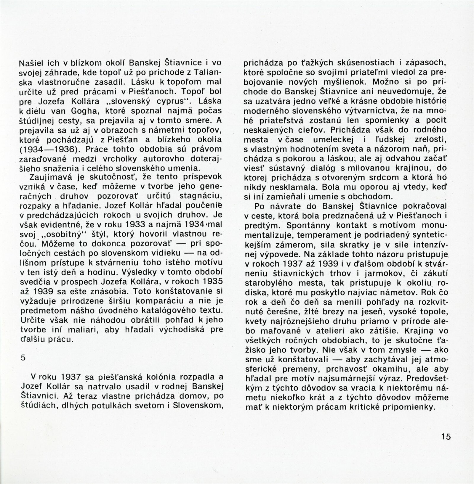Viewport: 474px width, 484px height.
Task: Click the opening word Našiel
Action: [29, 63]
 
